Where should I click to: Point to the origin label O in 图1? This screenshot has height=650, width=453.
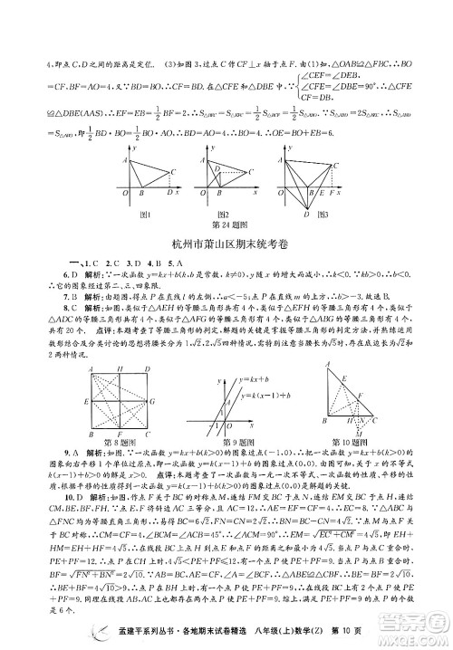(124, 193)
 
